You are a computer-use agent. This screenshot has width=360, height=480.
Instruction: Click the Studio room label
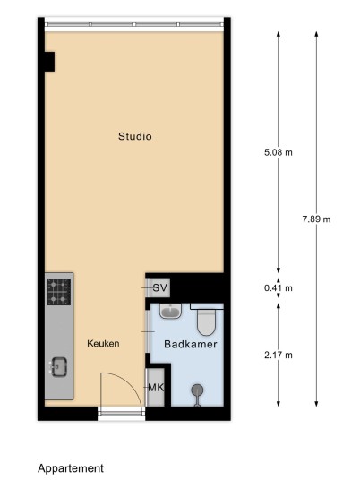point(135,136)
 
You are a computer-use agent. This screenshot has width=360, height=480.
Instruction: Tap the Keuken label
point(103,344)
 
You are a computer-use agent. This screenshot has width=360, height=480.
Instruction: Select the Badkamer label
point(191,344)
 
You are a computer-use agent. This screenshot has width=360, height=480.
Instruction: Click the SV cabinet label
point(160,287)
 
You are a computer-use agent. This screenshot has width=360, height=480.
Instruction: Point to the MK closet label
point(156,388)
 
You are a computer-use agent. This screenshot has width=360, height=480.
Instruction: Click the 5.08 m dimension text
point(279,152)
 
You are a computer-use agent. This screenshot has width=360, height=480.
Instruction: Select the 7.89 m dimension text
point(316,219)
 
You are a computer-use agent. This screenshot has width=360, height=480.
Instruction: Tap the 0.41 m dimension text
point(279,288)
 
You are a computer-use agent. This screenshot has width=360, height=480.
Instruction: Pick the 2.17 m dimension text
point(279,356)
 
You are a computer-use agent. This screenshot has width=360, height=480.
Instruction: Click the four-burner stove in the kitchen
point(59,292)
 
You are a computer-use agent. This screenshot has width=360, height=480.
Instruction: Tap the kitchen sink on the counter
point(59,367)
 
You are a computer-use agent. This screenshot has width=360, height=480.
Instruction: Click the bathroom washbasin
point(170,311)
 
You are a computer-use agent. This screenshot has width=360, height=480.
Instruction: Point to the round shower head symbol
point(197,390)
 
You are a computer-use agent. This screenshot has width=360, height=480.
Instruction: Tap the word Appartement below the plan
point(71,468)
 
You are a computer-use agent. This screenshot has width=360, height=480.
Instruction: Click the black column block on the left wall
point(49,62)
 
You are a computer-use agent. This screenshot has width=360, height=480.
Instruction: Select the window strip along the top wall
point(134,24)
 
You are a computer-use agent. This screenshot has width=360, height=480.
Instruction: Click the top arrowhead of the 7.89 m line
point(316,34)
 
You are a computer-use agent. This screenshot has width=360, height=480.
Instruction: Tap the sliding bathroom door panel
point(148,332)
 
